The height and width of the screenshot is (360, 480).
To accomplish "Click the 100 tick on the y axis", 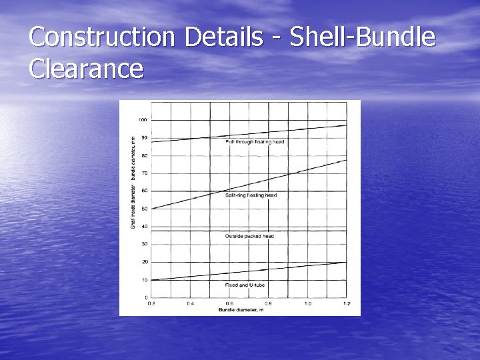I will pos(143,120).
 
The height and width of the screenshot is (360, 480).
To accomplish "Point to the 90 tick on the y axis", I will pos(144,138).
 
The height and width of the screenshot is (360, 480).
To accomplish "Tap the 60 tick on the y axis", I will pos(144,191).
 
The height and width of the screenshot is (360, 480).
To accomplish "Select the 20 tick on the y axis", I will pos(144,262).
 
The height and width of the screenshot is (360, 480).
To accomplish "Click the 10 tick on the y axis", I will pos(144,279).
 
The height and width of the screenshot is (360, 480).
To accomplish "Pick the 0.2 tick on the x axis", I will pos(151,303).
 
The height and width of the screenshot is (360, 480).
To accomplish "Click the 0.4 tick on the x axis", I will pos(190,303).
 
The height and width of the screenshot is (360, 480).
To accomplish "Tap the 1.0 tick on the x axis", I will pos(308,303).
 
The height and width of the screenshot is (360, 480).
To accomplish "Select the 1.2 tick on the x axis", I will pos(347,303).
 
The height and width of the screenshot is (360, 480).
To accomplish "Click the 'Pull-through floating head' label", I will pos(255,142).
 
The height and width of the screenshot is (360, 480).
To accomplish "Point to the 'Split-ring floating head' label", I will pos(251,195).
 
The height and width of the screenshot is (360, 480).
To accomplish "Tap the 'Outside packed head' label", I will pos(249,236).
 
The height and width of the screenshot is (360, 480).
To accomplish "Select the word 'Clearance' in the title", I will pos(87,69).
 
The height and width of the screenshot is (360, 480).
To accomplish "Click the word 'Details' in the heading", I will pos(224,37).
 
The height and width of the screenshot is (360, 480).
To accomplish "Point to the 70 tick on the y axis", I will pos(144,173).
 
